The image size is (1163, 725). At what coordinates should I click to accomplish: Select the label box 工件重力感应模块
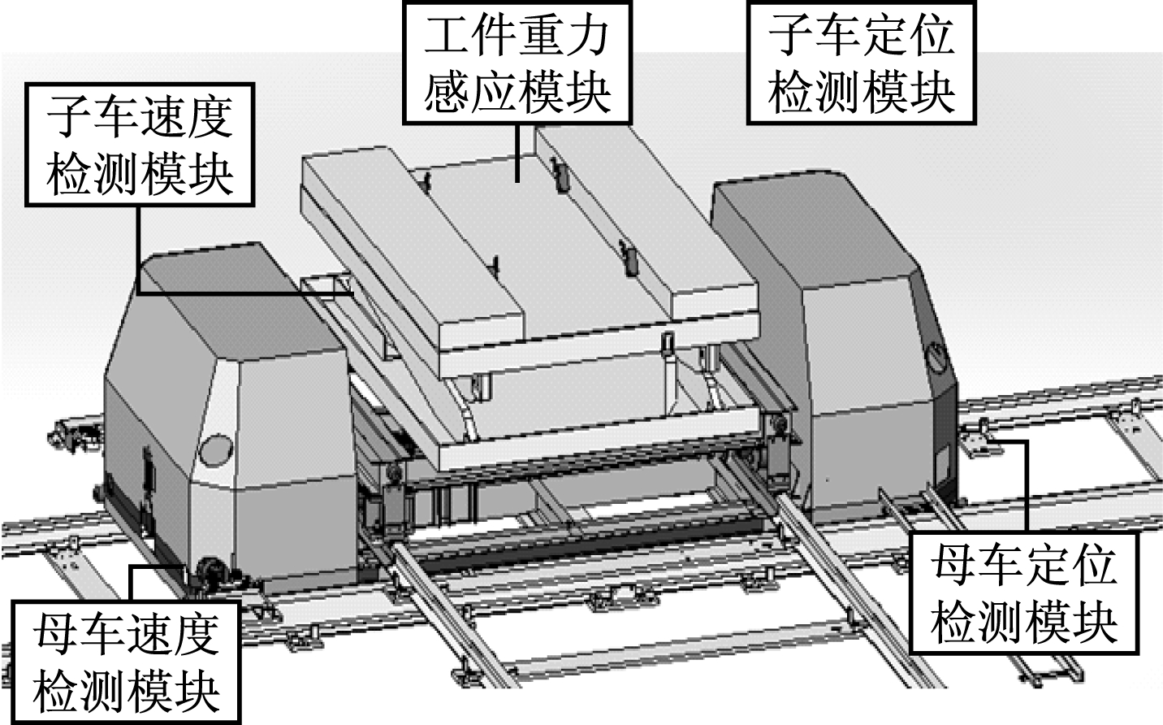coord(517,62)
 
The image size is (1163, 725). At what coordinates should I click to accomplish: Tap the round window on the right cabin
coord(938,358)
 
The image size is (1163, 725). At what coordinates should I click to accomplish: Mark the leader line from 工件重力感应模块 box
coord(517,153)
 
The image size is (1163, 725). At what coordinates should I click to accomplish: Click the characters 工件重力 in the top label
coord(517,37)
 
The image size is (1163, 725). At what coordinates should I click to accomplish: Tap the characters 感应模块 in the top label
coord(517,93)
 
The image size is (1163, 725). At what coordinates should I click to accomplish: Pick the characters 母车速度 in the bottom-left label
coord(126,637)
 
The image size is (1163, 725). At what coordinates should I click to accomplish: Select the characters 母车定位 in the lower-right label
coord(1024,566)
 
